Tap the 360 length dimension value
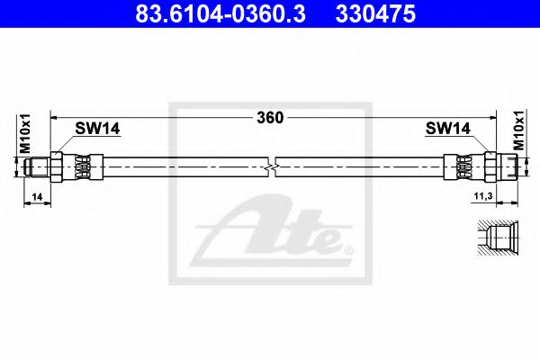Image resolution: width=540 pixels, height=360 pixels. tap(270, 117)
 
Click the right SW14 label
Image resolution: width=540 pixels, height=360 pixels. tap(447, 129)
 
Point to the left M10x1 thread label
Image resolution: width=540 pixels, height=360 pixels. tap(25, 131)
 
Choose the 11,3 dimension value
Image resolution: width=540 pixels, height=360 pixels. tap(483, 194)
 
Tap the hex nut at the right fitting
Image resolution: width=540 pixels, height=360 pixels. tap(490, 166)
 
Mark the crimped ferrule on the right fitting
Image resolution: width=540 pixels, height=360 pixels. tap(464, 166)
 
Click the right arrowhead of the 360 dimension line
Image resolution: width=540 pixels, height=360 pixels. tap(494, 117)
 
